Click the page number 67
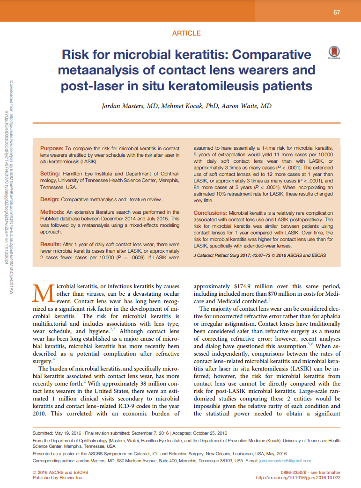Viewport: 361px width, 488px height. [337, 12]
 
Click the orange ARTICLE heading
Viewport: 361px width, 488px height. [186, 33]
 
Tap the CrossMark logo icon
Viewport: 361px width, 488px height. [333, 53]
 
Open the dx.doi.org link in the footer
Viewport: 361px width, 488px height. [298, 478]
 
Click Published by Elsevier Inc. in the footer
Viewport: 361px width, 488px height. [58, 478]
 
